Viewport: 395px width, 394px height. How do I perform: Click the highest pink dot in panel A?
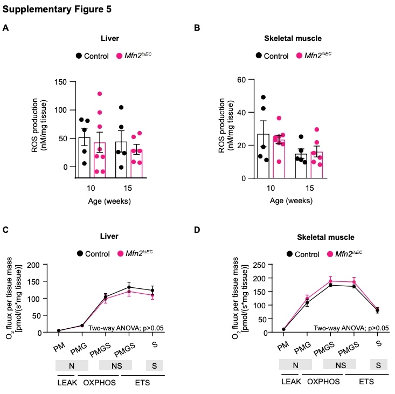coord(99,94)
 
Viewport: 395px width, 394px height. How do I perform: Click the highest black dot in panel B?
coord(264,98)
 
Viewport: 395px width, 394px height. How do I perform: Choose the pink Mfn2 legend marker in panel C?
coord(121,253)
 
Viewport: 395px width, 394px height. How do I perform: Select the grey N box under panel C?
coord(68,365)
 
